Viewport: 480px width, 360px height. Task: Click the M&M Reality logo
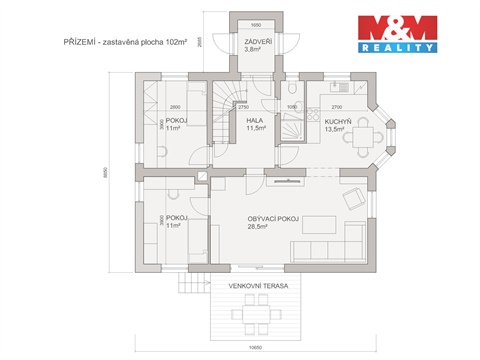point(398,34)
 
